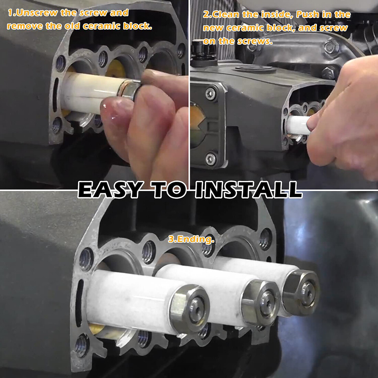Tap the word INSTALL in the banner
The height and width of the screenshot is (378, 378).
coord(248,189)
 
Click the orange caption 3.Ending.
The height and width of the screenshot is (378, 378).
coord(191,240)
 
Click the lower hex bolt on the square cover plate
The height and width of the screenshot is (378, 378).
coord(210,159)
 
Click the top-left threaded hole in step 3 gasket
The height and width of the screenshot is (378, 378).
coord(86,259)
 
